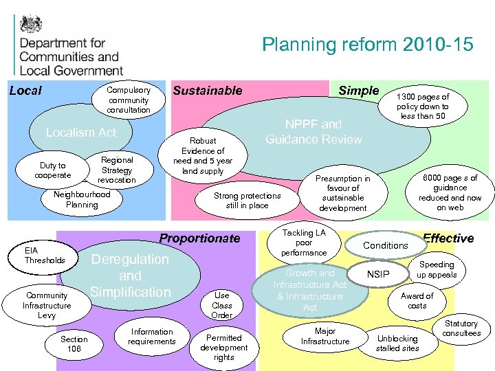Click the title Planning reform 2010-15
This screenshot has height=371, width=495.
(367, 45)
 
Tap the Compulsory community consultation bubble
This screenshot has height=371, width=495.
(129, 100)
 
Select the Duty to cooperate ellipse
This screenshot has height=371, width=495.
(53, 170)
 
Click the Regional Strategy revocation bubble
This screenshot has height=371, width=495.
(117, 170)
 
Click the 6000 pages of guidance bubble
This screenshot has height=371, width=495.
(450, 192)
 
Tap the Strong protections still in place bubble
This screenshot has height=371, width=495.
(247, 200)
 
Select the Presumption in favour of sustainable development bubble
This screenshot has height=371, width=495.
(342, 193)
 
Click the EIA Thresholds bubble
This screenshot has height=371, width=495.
(45, 255)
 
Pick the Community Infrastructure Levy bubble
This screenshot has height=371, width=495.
(47, 306)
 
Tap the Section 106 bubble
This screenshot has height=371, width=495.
(74, 344)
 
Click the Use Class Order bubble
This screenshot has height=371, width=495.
(222, 305)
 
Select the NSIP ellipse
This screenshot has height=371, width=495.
(378, 275)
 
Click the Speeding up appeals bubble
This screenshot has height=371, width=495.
(437, 269)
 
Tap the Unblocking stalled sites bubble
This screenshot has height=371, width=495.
(397, 343)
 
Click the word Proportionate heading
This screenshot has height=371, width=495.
(200, 238)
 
